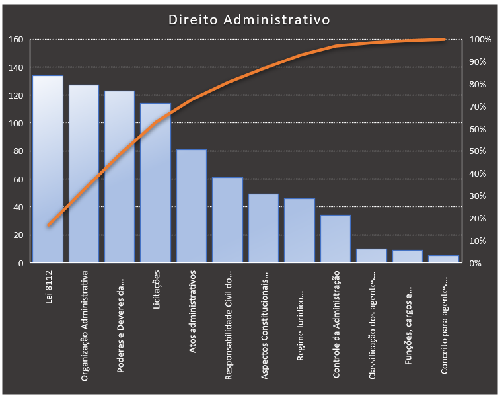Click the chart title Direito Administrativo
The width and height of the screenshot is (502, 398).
[249, 20]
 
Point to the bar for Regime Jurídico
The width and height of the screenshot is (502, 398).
[299, 231]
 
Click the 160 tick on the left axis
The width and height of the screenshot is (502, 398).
[16, 40]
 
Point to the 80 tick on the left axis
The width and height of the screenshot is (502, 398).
[18, 151]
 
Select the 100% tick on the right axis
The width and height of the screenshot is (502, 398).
[480, 40]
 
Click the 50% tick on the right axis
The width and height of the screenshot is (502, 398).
[478, 151]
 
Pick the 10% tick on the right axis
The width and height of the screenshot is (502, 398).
[478, 241]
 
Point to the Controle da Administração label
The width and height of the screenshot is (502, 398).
[336, 324]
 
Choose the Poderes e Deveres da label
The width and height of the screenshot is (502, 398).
[120, 321]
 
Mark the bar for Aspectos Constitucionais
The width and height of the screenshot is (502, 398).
[264, 228]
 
